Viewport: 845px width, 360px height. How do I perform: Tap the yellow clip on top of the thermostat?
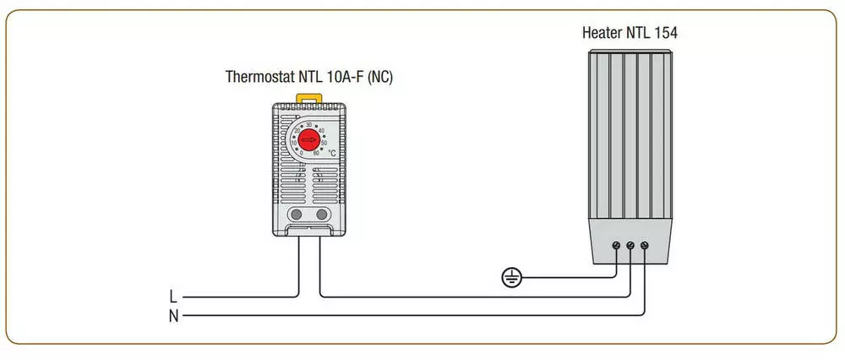pyautogui.click(x=309, y=99)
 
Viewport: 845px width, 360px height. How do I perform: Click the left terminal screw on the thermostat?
pyautogui.click(x=297, y=215)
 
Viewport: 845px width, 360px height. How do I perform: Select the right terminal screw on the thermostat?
pyautogui.click(x=322, y=215)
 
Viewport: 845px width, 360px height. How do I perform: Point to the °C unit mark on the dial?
pyautogui.click(x=332, y=154)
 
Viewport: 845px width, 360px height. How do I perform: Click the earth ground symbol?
pyautogui.click(x=509, y=276)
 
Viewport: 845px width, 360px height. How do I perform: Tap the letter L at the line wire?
pyautogui.click(x=173, y=297)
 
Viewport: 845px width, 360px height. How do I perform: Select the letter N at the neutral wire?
pyautogui.click(x=173, y=316)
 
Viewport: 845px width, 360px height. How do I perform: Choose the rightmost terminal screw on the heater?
pyautogui.click(x=646, y=245)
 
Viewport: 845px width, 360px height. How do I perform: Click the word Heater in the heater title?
pyautogui.click(x=602, y=34)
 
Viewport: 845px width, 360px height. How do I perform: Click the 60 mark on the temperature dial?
pyautogui.click(x=315, y=154)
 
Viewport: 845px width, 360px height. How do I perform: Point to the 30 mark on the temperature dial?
pyautogui.click(x=309, y=125)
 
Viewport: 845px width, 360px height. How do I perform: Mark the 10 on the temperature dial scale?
pyautogui.click(x=293, y=144)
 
